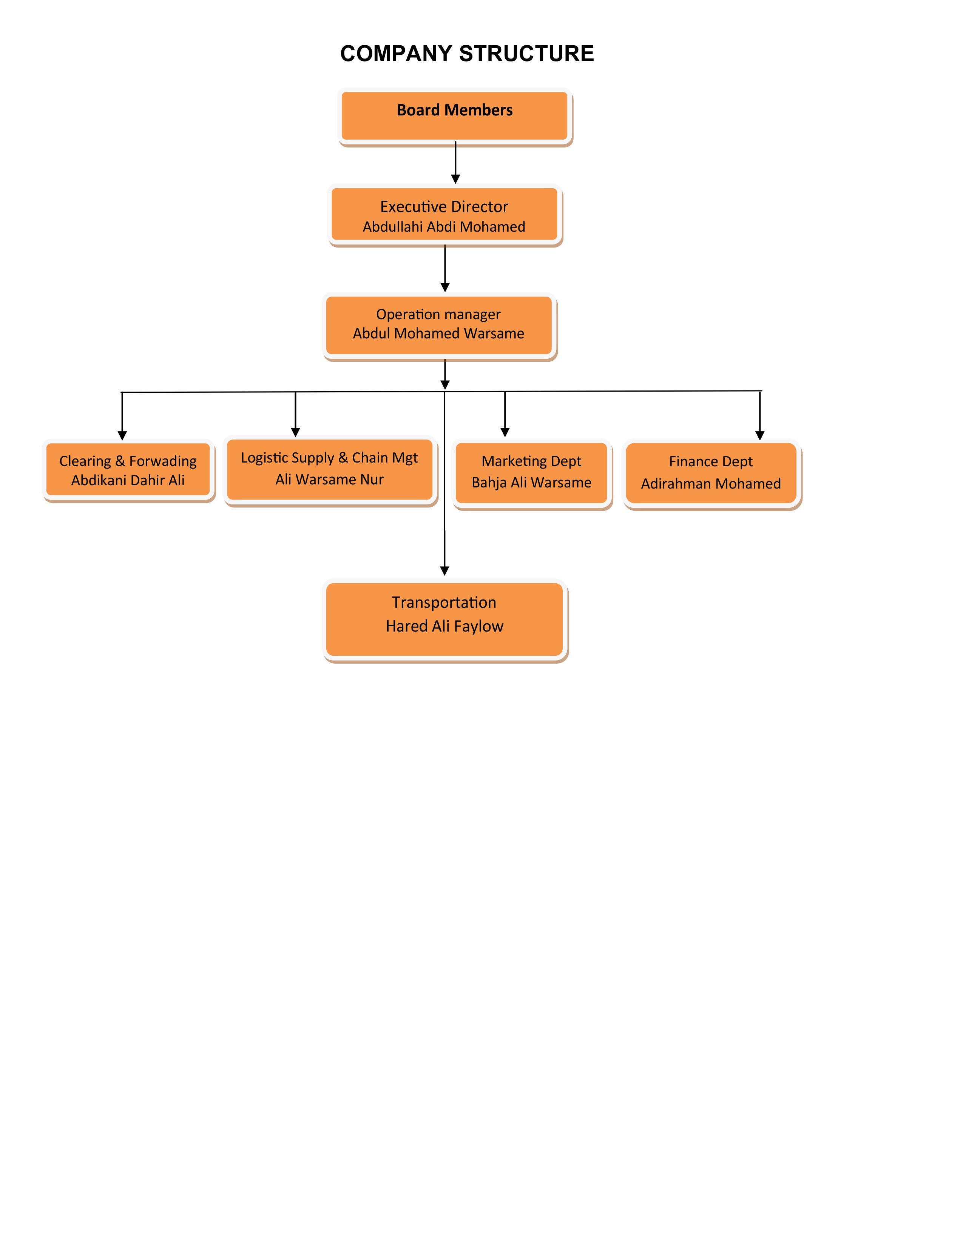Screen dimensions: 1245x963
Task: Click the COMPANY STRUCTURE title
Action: tap(467, 54)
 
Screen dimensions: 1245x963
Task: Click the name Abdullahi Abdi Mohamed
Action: tap(444, 227)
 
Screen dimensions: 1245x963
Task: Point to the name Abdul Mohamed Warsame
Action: tap(438, 334)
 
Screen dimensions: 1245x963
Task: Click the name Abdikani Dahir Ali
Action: tap(128, 480)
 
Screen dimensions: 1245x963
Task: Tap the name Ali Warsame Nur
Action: tap(329, 480)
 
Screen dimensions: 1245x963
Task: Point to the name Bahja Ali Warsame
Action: tap(531, 482)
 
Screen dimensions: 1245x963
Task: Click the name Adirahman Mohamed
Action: tap(710, 483)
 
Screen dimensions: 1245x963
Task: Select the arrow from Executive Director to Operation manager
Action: tap(445, 268)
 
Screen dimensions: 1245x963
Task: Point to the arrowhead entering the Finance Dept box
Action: tap(759, 435)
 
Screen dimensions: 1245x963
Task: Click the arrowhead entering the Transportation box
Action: tap(444, 570)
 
